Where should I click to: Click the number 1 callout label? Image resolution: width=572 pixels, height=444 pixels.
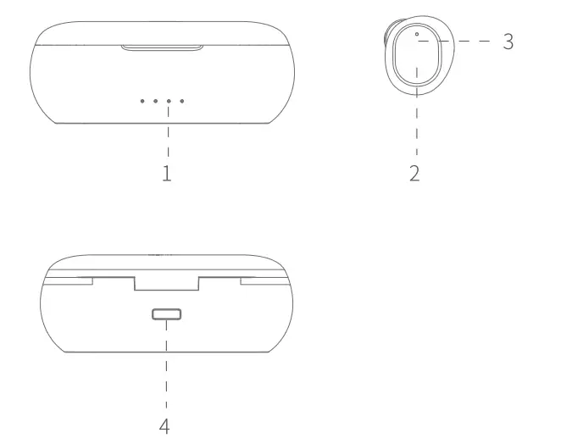[x=167, y=174]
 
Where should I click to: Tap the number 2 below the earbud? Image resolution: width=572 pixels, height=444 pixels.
[x=414, y=174]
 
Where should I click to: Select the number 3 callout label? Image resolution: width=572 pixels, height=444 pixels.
[x=508, y=41]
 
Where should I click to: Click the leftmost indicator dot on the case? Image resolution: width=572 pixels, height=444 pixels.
[x=142, y=101]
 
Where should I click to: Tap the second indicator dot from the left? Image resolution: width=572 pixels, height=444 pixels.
[x=156, y=101]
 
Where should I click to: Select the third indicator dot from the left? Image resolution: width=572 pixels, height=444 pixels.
[x=169, y=101]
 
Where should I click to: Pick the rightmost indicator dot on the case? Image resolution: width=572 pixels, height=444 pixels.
[x=182, y=101]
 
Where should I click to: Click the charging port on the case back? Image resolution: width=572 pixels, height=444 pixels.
[x=166, y=315]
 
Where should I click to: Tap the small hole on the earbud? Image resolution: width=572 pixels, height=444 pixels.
[x=417, y=35]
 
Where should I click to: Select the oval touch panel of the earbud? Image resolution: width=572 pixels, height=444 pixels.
[x=416, y=61]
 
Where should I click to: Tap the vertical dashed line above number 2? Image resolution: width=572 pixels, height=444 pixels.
[x=417, y=127]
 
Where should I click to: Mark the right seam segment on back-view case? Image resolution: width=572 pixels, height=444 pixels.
[x=263, y=277]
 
